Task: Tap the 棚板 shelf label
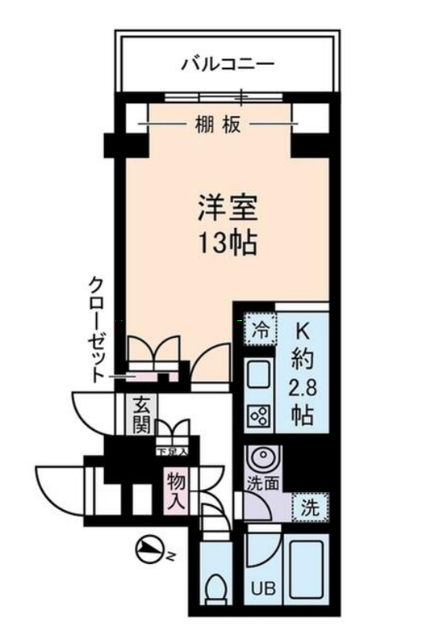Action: [x=218, y=124]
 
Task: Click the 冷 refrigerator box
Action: [x=259, y=331]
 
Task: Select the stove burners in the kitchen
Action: [x=259, y=416]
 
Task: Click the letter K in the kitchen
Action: [x=303, y=331]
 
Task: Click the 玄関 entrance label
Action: [x=142, y=415]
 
